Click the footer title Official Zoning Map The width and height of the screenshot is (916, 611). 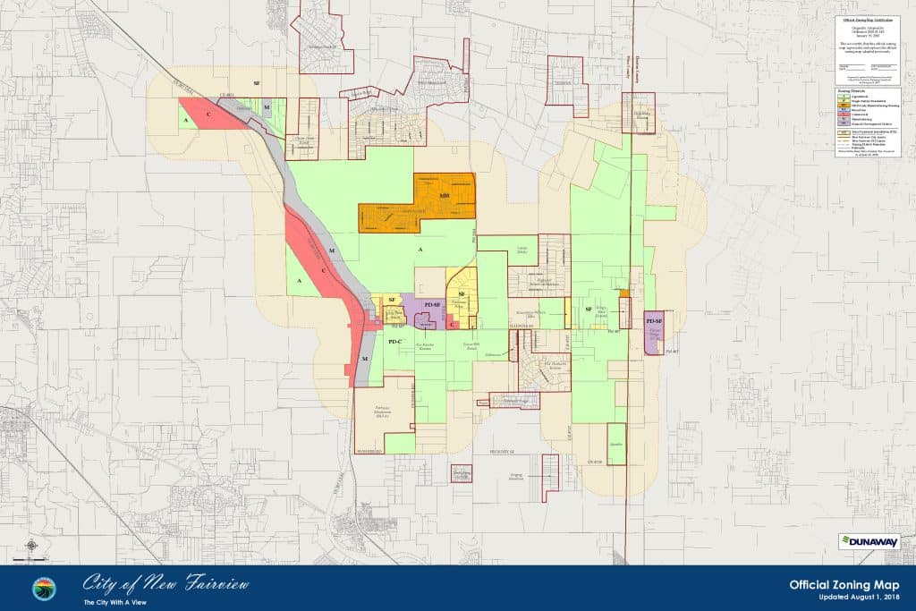(x=844, y=584)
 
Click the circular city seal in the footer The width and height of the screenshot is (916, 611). (x=43, y=589)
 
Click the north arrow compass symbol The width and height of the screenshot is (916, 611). (x=31, y=544)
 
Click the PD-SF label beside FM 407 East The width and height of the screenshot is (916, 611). (x=654, y=320)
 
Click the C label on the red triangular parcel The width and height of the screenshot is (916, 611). (x=208, y=116)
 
